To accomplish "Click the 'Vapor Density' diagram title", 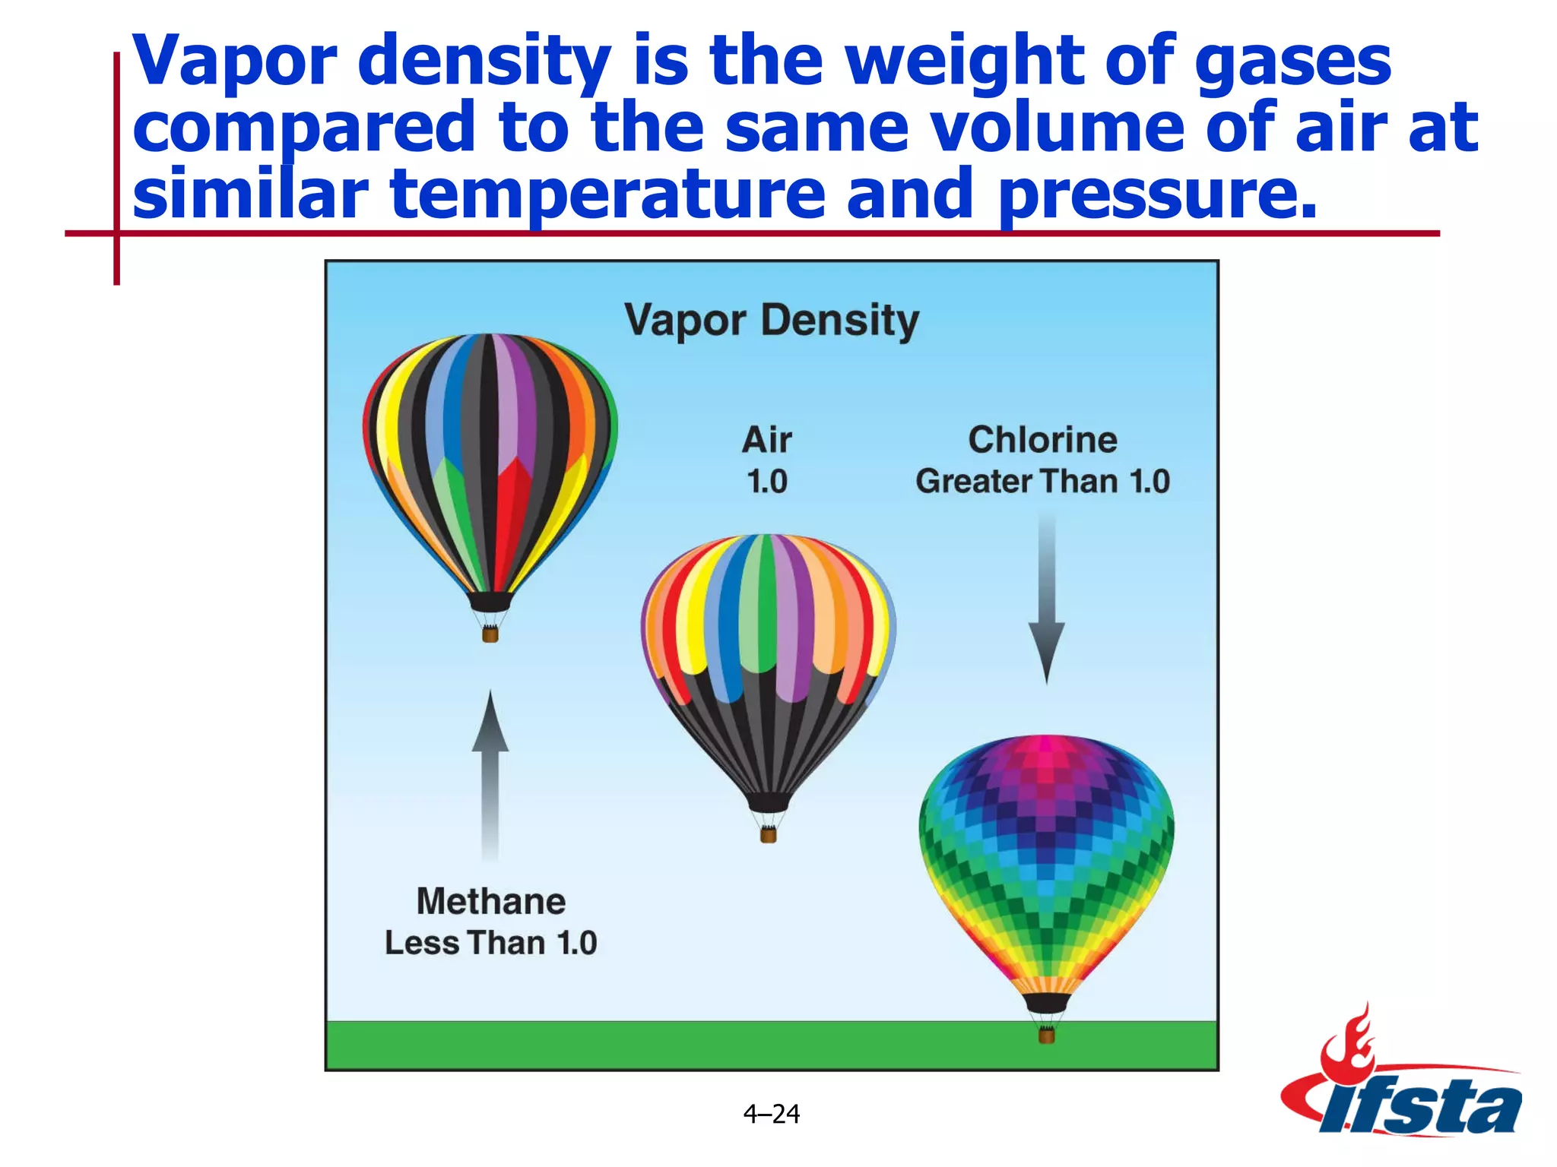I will (x=772, y=321).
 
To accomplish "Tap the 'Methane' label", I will (x=491, y=902).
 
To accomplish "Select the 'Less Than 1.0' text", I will (x=491, y=943).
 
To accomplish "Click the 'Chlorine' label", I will (x=1042, y=440).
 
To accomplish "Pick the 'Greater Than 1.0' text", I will (x=1042, y=482).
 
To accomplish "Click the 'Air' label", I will (x=767, y=440).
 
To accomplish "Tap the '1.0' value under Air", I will (x=767, y=482).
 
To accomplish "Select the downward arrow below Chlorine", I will (x=1047, y=600).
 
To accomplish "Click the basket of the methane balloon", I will (x=490, y=634).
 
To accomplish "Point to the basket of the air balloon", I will (x=769, y=835).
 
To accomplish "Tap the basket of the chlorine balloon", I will (x=1047, y=1035).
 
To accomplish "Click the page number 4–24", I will (x=772, y=1114).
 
